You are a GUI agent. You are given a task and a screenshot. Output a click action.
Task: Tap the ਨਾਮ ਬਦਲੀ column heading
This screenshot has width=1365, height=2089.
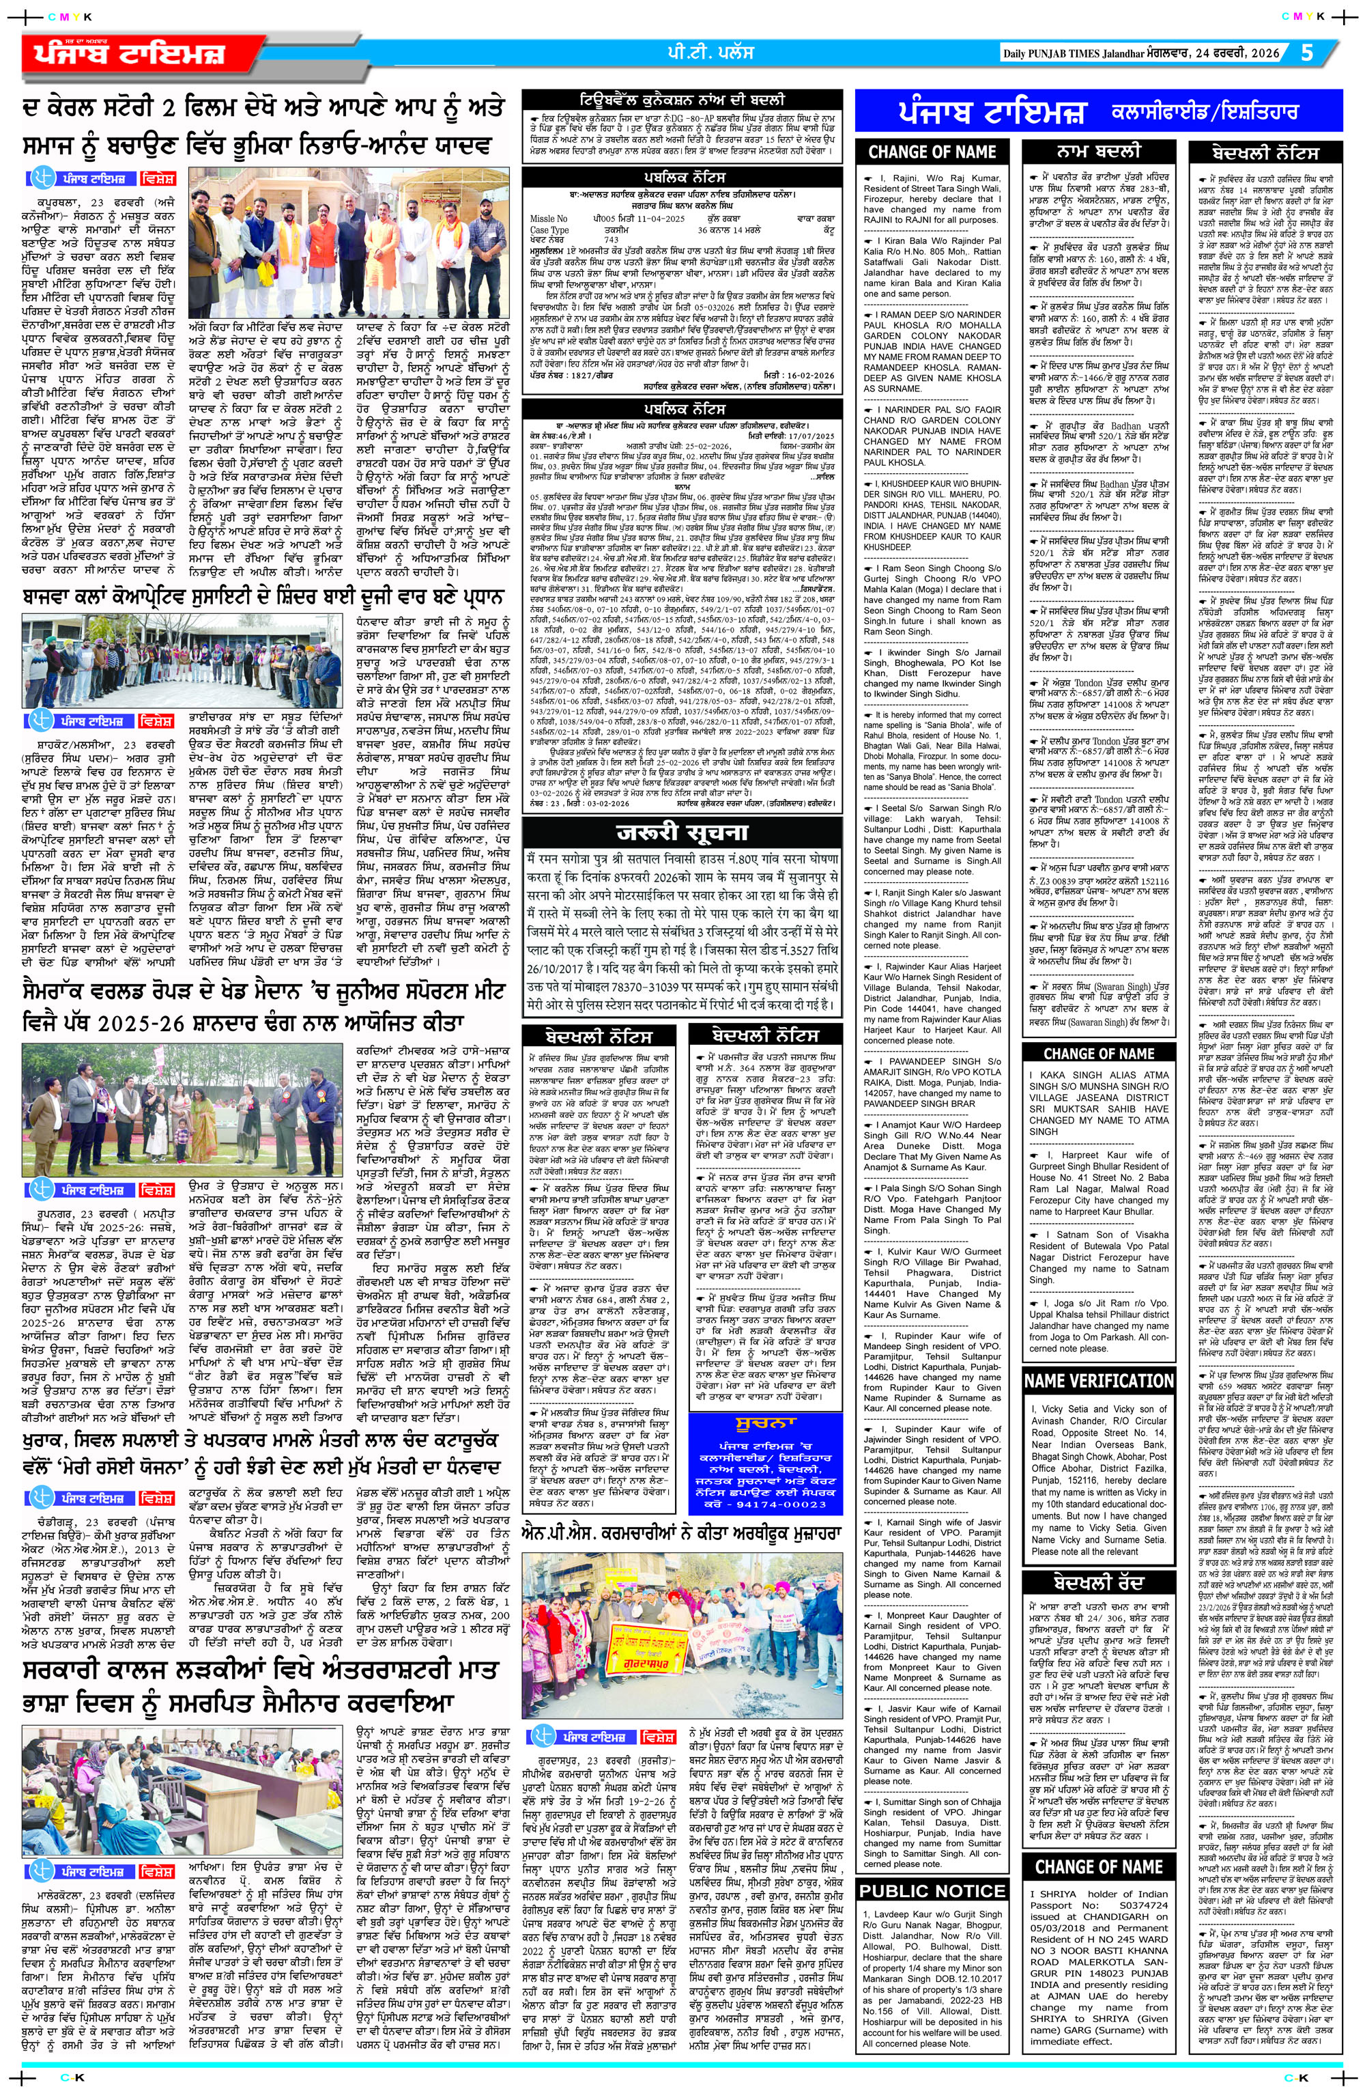1098,150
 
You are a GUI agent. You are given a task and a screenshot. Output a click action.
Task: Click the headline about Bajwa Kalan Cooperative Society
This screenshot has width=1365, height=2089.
263,600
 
